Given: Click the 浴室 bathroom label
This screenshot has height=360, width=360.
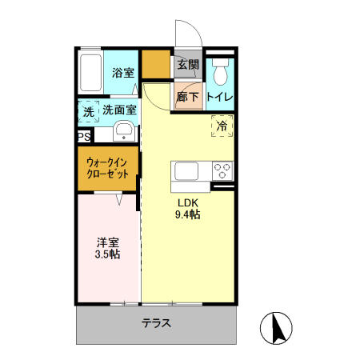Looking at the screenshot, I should tap(122, 73).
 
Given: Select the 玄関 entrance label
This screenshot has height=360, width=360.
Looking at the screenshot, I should tap(187, 65).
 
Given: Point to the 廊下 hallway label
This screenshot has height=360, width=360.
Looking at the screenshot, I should tap(187, 97).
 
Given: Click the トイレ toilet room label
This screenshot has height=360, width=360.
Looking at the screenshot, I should tap(220, 97).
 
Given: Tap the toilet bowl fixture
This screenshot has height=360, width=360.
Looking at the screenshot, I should tap(221, 73).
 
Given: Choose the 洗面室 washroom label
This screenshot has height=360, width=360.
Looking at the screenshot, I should tap(119, 111).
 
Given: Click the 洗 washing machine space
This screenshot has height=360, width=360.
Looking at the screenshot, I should tap(88, 112).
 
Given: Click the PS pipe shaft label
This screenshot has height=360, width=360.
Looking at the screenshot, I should tap(84, 136).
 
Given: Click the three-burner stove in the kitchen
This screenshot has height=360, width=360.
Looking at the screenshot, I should tap(222, 171).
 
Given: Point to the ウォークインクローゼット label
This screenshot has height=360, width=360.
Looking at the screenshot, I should tap(109, 168).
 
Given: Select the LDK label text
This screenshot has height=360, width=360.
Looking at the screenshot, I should tap(187, 202).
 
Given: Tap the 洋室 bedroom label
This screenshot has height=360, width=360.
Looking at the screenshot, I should tap(109, 242).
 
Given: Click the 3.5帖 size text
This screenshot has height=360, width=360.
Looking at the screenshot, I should tap(109, 254).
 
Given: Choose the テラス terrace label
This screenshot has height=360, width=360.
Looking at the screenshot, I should tap(157, 324).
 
